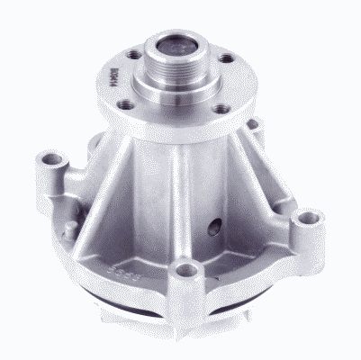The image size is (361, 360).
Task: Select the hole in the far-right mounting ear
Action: click(310, 218)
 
